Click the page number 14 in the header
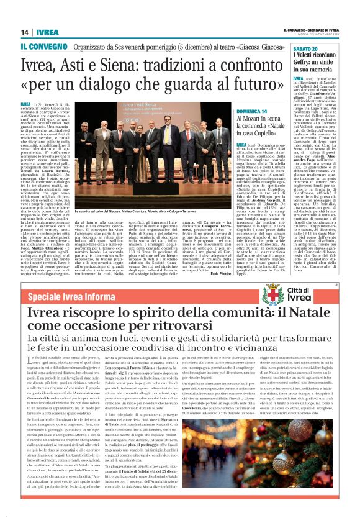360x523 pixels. pos(25,32)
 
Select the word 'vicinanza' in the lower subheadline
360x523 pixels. pos(289,347)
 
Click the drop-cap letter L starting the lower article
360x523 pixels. pos(25,363)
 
